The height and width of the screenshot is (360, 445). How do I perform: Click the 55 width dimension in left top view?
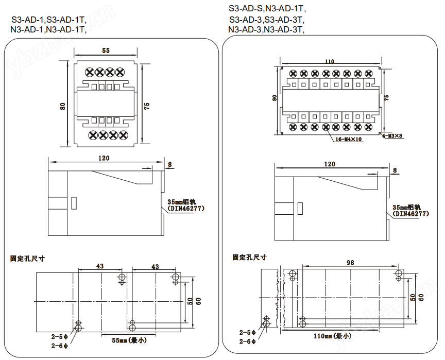tap(106, 50)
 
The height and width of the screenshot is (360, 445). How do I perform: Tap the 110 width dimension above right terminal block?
tap(329, 61)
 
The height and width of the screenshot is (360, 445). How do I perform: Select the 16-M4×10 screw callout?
tap(349, 139)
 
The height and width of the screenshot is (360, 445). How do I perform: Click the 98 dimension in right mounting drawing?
tap(350, 262)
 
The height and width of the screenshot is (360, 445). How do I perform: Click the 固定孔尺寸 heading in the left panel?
tap(28, 258)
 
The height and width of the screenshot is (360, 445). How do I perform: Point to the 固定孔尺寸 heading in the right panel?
tap(249, 256)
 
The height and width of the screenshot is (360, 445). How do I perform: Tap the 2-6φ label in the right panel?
tap(248, 341)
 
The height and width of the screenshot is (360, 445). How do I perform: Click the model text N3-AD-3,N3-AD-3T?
tap(266, 30)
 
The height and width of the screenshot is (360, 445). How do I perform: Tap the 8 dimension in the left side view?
tap(170, 164)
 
